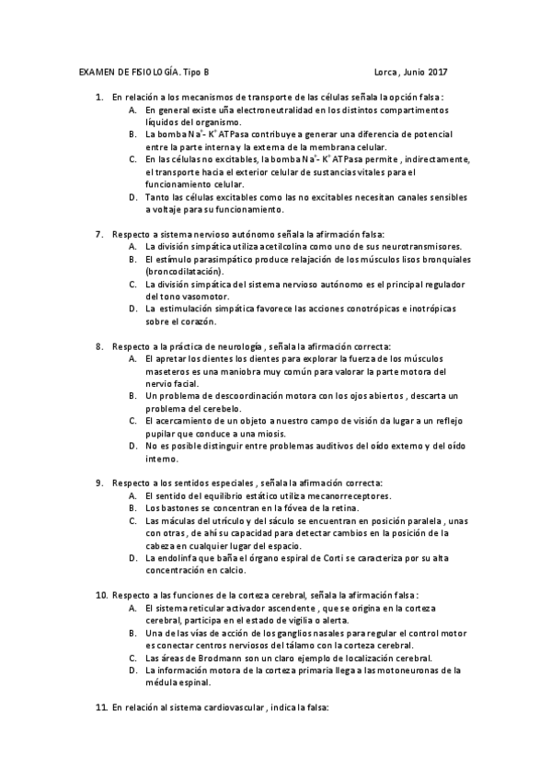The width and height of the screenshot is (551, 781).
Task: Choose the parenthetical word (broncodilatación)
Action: (x=184, y=272)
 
